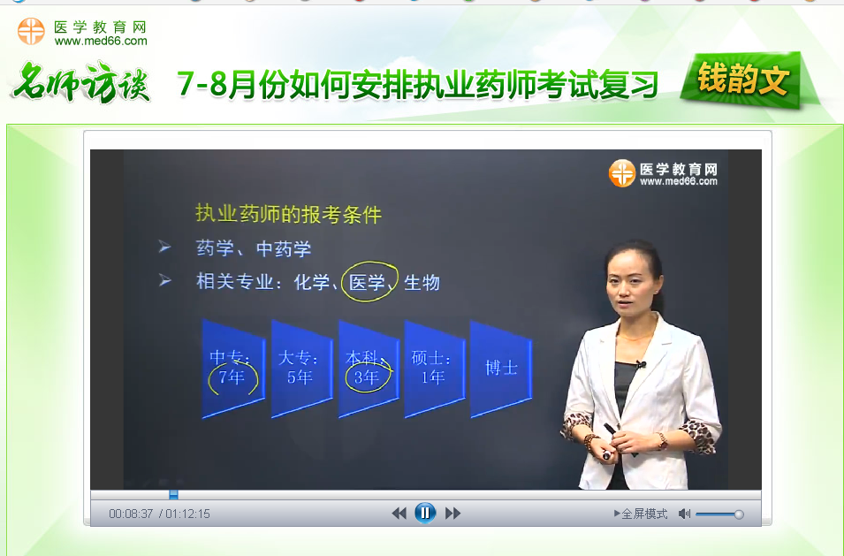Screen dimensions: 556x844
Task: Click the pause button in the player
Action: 425,513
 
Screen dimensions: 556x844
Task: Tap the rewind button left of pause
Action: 399,513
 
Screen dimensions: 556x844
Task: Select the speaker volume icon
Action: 684,514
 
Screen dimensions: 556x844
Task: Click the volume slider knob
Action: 739,514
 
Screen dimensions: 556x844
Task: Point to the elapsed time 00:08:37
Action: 131,514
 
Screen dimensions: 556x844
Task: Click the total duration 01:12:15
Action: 187,514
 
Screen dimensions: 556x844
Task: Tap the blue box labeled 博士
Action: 501,368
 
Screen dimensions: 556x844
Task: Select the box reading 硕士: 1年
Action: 433,368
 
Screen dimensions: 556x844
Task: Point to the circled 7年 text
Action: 232,377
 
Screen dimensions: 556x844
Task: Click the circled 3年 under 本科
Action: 367,377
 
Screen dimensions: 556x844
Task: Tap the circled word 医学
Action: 368,283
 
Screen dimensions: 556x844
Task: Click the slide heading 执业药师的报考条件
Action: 288,215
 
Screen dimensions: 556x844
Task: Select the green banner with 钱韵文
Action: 742,81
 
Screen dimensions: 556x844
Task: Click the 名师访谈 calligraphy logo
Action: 80,84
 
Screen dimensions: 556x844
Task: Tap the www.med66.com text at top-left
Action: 101,41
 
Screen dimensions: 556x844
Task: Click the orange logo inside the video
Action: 622,173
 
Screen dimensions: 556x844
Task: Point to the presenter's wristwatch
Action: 660,440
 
